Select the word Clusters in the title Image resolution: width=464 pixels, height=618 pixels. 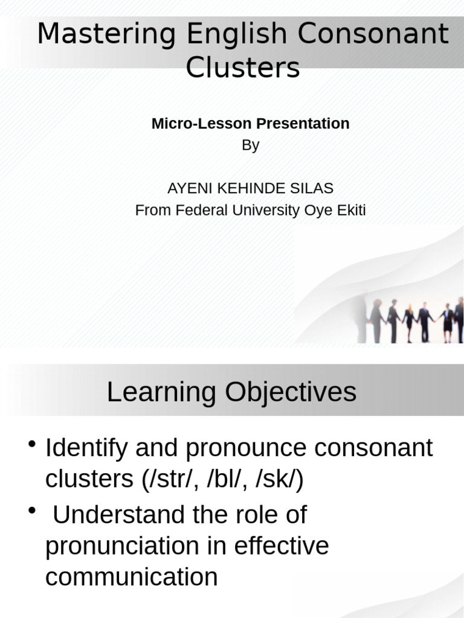click(242, 68)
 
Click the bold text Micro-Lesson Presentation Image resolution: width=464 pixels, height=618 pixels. click(250, 124)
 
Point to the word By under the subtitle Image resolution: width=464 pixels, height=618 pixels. click(250, 145)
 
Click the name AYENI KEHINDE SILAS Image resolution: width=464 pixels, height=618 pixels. click(250, 188)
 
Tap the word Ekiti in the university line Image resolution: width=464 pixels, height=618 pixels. click(349, 211)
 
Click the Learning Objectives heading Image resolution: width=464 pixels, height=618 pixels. click(231, 393)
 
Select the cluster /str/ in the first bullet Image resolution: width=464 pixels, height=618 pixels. click(169, 480)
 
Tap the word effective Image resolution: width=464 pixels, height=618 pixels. click(282, 546)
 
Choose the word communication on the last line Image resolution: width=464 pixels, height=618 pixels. click(131, 578)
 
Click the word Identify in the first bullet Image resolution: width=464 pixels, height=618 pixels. click(86, 448)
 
